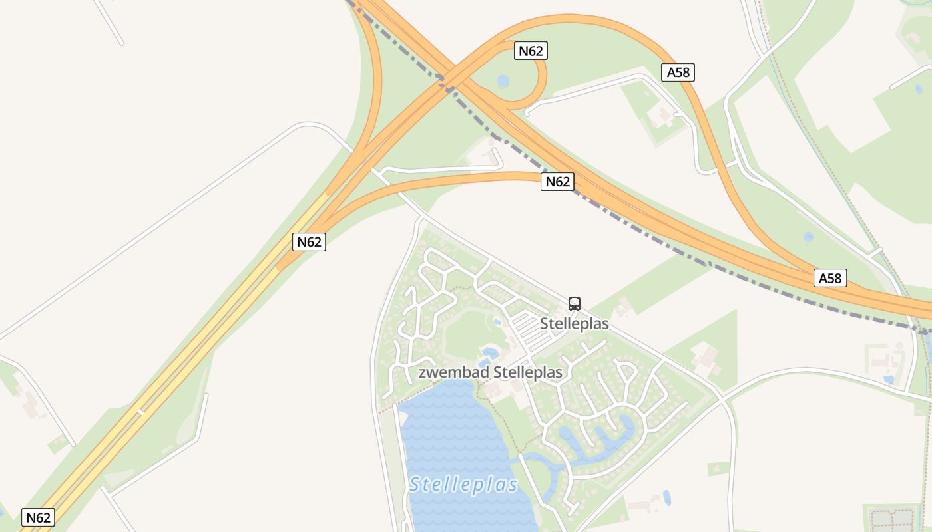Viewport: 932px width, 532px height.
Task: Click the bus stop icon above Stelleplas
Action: [x=575, y=304]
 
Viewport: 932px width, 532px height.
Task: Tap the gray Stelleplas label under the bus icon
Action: [x=575, y=324]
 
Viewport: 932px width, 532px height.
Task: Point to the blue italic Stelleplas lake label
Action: [x=463, y=485]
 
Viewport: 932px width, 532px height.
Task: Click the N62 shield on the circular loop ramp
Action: [x=531, y=51]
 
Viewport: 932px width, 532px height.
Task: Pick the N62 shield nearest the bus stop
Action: [x=557, y=182]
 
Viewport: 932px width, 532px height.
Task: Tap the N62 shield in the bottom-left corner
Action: [x=38, y=517]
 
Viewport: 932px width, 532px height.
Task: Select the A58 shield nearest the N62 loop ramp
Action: [x=678, y=72]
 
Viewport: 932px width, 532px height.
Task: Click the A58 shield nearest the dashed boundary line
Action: [x=830, y=278]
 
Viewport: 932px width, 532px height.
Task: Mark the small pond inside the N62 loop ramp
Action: [x=503, y=81]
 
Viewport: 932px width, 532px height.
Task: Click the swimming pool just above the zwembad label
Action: [x=489, y=353]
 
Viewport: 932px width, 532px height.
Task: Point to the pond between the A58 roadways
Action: [x=808, y=237]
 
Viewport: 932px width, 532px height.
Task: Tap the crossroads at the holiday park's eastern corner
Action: [x=721, y=399]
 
